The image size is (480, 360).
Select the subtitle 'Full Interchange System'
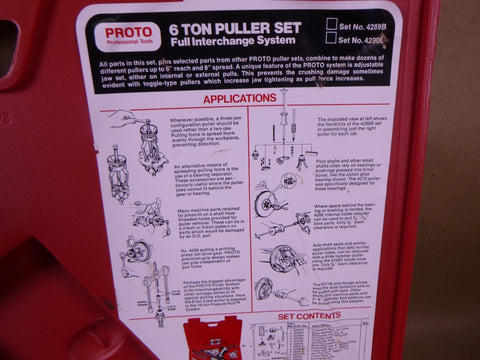pos(234,45)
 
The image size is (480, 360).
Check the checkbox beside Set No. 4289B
pos(331,23)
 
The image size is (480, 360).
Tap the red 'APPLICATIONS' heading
pos(240,99)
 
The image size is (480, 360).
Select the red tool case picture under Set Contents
pos(210,339)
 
